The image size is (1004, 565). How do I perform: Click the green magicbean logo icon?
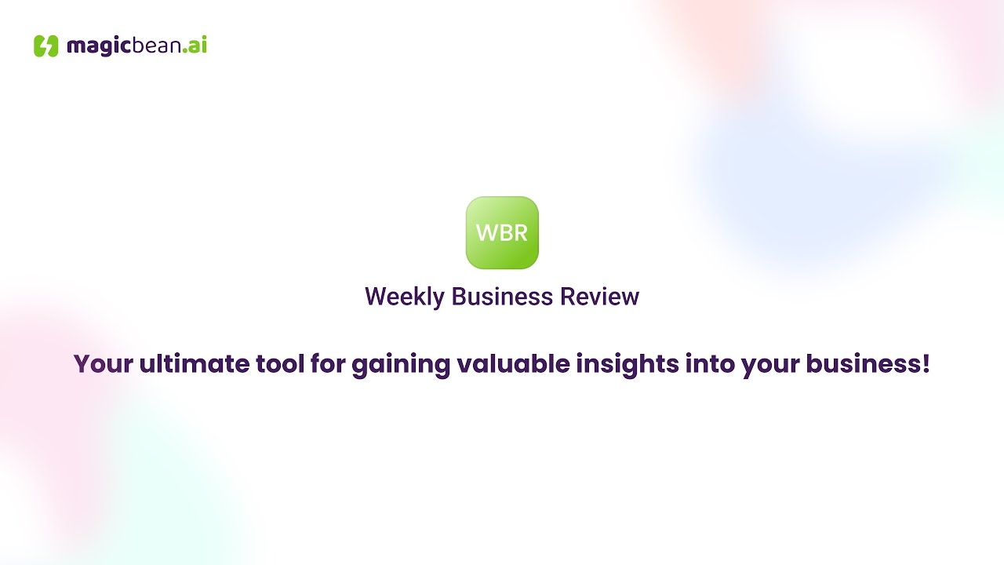click(46, 46)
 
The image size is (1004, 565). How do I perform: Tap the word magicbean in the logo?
click(123, 46)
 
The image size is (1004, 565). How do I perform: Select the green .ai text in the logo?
click(195, 46)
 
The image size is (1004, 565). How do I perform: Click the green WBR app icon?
click(502, 232)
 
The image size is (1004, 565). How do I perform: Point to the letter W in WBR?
click(487, 233)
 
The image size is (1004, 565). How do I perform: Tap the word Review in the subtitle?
click(600, 297)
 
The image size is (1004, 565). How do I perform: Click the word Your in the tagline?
click(103, 364)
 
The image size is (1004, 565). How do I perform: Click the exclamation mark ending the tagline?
click(926, 364)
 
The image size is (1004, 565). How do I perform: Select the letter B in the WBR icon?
click(504, 233)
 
